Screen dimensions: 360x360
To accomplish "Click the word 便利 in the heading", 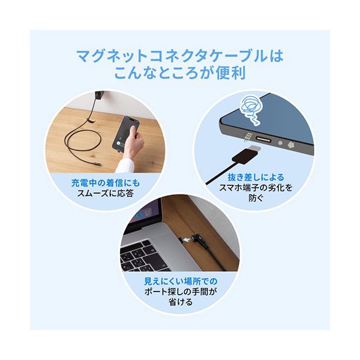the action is [230, 73].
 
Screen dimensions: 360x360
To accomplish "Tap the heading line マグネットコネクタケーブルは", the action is [180, 56].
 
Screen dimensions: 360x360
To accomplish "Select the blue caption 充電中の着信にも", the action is [106, 183].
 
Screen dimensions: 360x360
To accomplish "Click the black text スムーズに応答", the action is [106, 193].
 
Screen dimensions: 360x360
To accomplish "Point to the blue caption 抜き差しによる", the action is [256, 177].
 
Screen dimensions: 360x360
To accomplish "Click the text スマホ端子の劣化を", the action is [256, 188].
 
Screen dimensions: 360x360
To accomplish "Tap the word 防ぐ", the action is [256, 197].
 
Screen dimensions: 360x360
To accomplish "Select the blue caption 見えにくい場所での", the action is [181, 281].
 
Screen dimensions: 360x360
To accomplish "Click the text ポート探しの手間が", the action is [181, 292].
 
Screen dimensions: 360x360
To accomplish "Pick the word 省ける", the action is [181, 302].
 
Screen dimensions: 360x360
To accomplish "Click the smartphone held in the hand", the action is [125, 134].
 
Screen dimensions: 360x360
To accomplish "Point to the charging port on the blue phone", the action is [264, 139].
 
